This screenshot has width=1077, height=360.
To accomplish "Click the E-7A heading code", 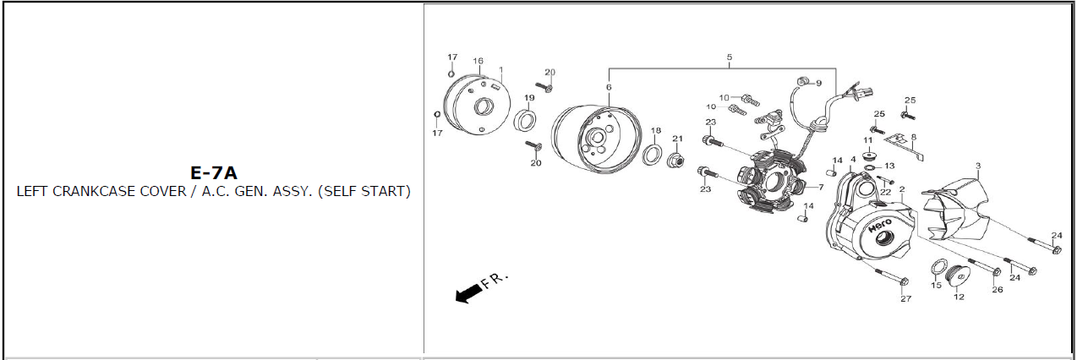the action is click(214, 173).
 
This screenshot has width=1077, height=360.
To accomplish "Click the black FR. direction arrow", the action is click(469, 293).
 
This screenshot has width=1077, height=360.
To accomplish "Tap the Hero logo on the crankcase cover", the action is click(880, 225).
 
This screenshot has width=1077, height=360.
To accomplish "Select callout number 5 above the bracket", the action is click(730, 57).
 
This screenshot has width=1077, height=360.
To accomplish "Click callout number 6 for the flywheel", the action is click(609, 87).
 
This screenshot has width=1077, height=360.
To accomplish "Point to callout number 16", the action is click(478, 61).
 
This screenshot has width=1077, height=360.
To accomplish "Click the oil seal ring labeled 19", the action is click(526, 120).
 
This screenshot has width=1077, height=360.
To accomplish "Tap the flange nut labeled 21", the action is click(675, 160).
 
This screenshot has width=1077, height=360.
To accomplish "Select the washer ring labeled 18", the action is click(653, 155).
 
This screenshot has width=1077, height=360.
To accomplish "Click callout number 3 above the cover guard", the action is click(978, 166).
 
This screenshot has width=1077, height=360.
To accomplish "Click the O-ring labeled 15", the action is click(939, 267).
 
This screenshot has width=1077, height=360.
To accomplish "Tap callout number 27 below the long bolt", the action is click(906, 298).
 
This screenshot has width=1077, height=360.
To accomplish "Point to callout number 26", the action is click(998, 290).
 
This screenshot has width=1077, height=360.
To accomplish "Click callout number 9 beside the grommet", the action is click(818, 83).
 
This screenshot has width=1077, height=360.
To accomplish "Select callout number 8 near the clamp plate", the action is click(914, 137).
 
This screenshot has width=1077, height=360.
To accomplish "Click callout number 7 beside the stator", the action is click(821, 187).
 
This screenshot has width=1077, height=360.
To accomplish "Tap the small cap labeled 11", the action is click(868, 155).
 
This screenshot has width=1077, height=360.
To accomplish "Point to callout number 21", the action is click(677, 139).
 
